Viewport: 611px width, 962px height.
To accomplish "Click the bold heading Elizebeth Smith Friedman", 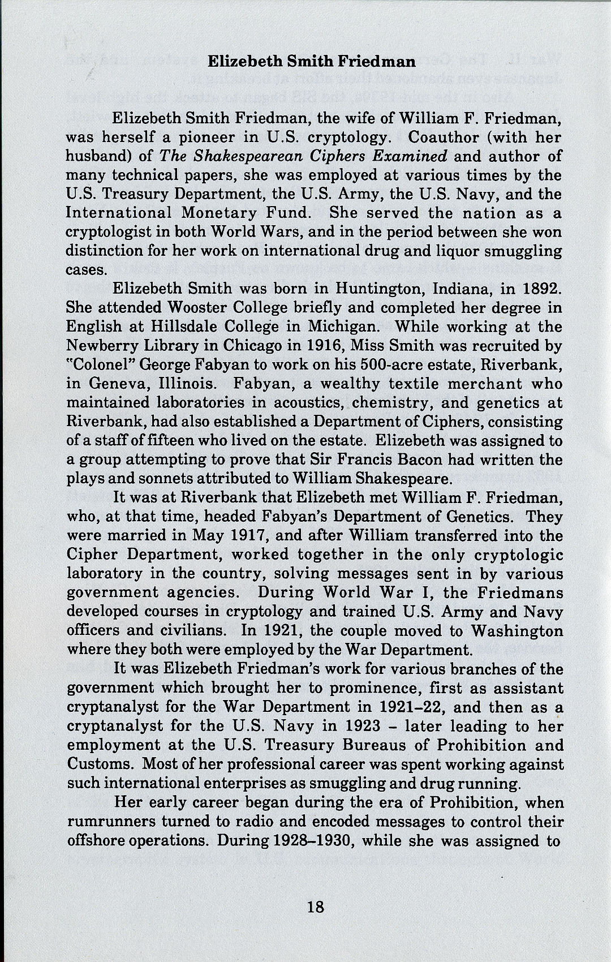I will tap(312, 61).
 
